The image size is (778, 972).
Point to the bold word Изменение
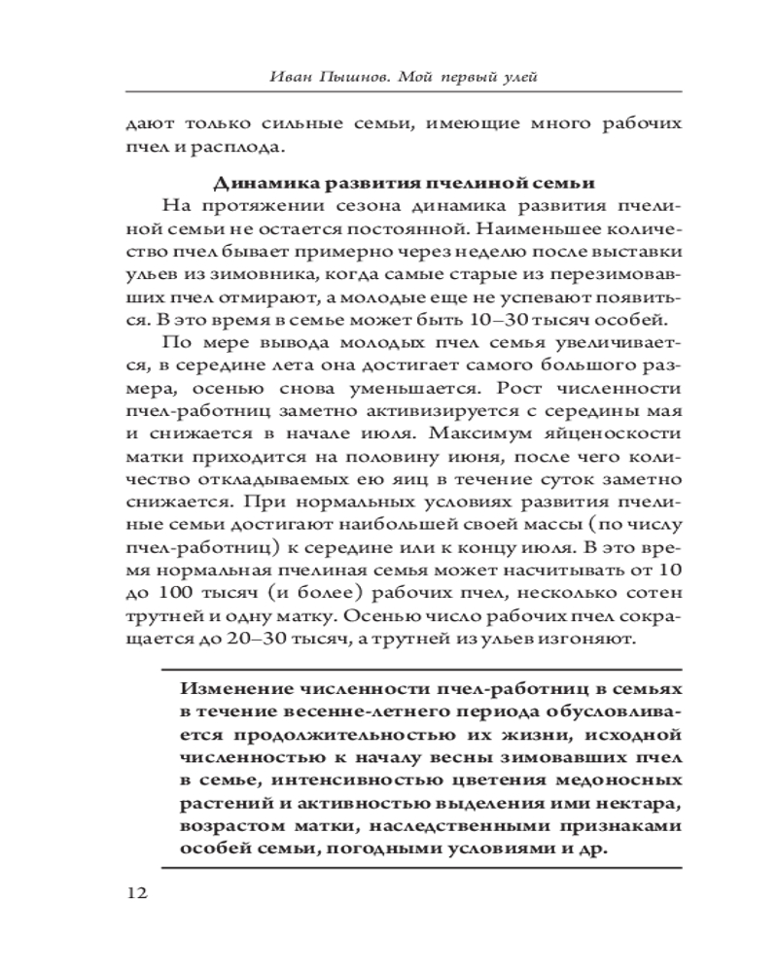(227, 688)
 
